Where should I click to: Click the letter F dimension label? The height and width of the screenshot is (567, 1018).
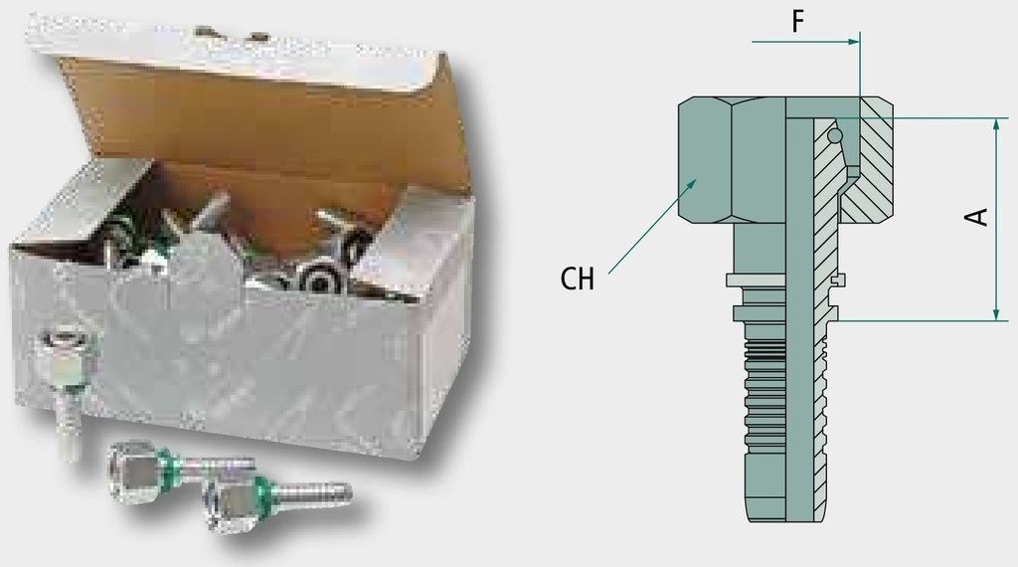(798, 21)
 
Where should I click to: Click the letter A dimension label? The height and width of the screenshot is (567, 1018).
(976, 217)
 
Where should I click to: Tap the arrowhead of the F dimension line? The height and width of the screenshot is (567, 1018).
(853, 42)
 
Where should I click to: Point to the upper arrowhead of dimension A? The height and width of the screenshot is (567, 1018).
(997, 124)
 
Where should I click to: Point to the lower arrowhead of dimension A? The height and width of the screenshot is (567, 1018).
(997, 314)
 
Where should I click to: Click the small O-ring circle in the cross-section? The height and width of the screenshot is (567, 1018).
(835, 135)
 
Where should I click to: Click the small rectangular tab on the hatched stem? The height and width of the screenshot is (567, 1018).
(841, 280)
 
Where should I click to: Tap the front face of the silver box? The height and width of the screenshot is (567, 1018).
(215, 351)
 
